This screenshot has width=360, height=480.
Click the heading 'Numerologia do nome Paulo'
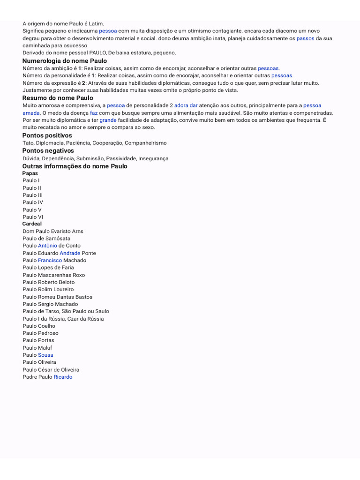pos(65,61)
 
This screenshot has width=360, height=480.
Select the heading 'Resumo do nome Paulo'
pos(58,98)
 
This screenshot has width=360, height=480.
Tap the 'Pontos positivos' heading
pos(47,135)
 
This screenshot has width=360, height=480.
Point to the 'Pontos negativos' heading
pos(48,150)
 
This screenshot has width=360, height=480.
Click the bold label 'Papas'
pos(30,173)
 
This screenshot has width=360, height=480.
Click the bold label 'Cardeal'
pos(32,224)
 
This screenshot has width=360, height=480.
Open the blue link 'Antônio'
pos(47,246)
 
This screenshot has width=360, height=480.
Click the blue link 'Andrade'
pos(70,253)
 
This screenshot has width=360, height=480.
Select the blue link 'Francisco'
pos(50,260)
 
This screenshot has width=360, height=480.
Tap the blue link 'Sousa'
pos(45,355)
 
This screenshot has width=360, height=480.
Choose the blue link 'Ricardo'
pos(63,377)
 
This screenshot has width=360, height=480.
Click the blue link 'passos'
pos(305,38)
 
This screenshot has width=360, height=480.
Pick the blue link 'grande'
pos(108,120)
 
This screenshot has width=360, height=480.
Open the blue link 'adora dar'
pos(186,105)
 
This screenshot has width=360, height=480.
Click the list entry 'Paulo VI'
pos(32,217)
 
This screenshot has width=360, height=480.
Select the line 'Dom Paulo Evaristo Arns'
pos(52,231)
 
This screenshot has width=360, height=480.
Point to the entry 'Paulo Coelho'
pos(38,326)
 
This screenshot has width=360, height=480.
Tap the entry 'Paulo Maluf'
pos(37,348)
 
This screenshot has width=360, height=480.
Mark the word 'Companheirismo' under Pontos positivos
pos(145,143)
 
